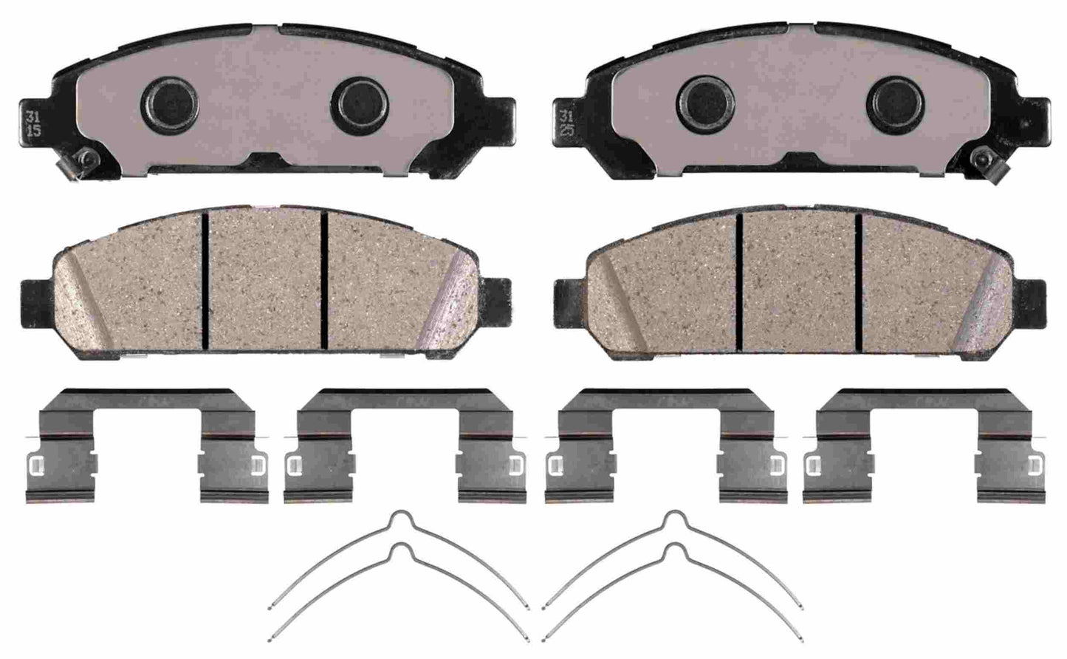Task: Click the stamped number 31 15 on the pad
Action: tap(32, 123)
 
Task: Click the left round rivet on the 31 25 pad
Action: tap(707, 98)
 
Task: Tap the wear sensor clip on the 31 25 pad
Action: tap(984, 157)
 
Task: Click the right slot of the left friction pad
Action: tap(325, 279)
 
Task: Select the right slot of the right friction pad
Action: tap(858, 279)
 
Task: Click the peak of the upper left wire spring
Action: tap(400, 516)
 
